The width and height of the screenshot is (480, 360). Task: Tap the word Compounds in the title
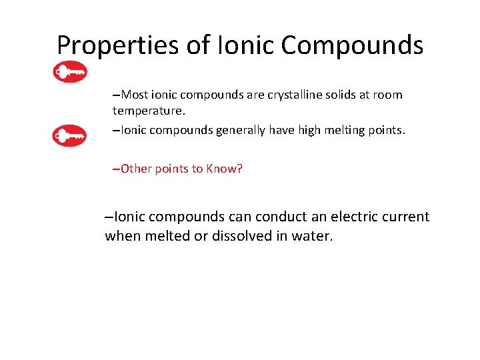[x=352, y=45]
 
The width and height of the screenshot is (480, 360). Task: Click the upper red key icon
[x=70, y=72]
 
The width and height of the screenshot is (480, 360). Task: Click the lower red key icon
[x=69, y=137]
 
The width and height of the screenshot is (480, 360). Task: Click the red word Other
[x=137, y=169]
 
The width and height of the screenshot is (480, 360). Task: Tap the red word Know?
[x=224, y=169]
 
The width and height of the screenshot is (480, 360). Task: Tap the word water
[x=311, y=236]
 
